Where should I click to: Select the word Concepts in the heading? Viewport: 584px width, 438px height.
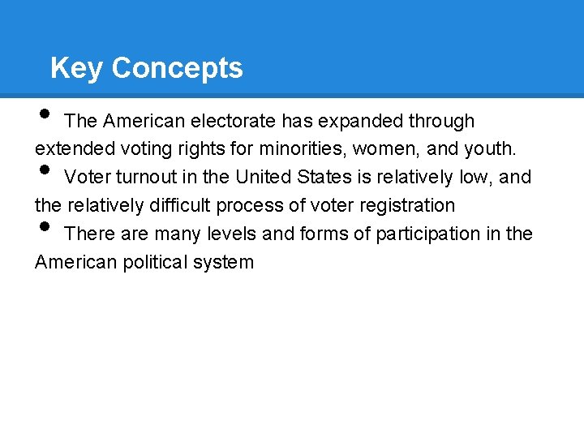click(177, 68)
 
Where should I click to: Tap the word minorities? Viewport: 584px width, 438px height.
click(302, 149)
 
